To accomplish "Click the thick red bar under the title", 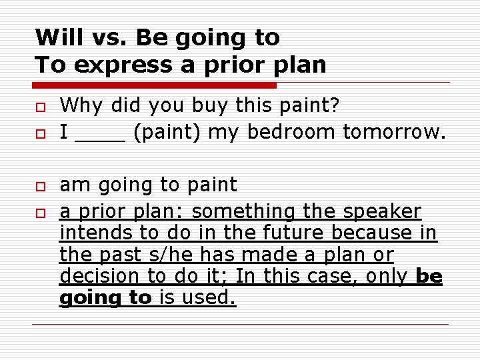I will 155,86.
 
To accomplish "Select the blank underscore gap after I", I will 101,133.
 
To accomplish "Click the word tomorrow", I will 393,133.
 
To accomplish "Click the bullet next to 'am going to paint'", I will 41,187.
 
